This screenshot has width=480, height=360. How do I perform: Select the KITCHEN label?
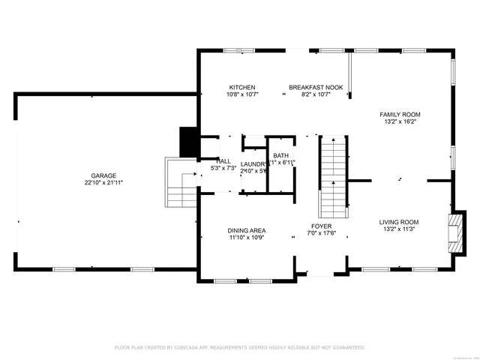[242, 88]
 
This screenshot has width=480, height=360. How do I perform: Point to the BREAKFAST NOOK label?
[316, 88]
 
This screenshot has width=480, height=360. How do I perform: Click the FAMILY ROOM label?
[402, 114]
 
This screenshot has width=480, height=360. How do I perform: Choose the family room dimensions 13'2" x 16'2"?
[402, 121]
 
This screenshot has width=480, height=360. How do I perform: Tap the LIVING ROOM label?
[398, 222]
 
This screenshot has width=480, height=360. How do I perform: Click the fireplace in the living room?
[454, 233]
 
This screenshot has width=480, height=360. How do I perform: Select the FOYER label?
[322, 226]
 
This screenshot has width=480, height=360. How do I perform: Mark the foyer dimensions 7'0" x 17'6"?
[322, 233]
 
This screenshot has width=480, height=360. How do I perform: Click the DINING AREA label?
[247, 230]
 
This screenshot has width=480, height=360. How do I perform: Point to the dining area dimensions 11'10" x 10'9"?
[247, 238]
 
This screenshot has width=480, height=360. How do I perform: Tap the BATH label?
[280, 155]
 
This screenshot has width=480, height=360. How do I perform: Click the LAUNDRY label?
[253, 163]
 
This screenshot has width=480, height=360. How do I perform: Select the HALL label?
[223, 161]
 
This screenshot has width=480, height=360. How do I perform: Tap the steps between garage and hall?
[181, 186]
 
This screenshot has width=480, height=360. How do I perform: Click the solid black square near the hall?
[187, 142]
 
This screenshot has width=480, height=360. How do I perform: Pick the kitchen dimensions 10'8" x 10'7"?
[242, 95]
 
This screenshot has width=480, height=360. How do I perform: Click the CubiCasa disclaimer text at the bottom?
[240, 347]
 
